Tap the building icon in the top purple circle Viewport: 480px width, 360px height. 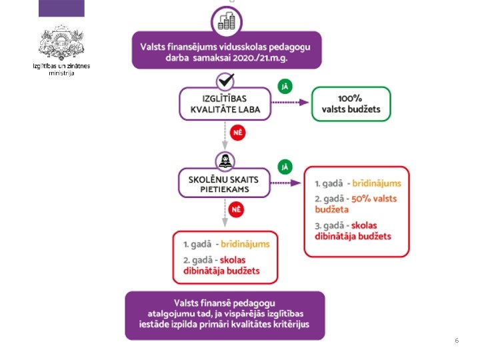click(227, 20)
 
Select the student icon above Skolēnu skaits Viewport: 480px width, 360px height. click(226, 161)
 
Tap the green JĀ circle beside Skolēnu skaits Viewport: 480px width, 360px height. click(285, 166)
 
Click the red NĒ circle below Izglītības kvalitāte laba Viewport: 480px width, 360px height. click(237, 133)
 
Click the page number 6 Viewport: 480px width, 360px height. click(457, 341)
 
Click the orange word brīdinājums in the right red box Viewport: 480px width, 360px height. click(377, 183)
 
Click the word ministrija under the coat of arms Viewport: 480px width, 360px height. click(61, 73)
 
